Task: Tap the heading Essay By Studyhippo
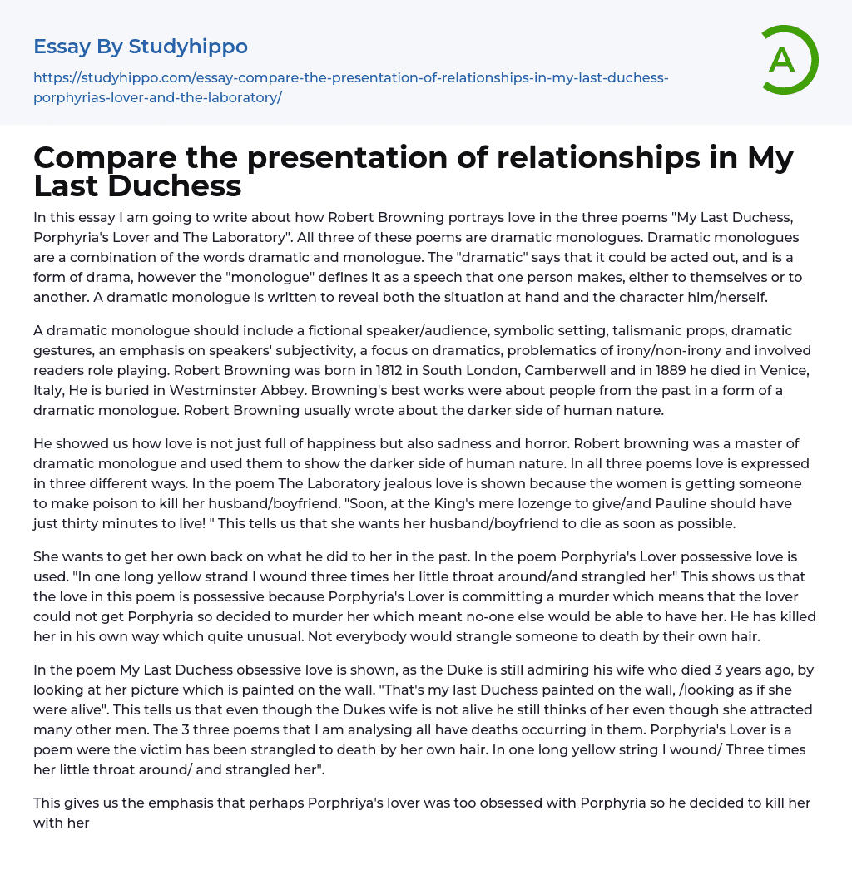pos(141,47)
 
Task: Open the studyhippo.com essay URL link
pos(350,87)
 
